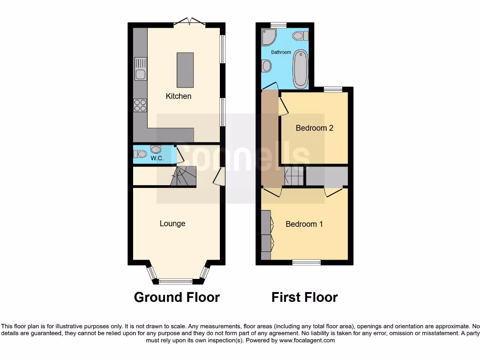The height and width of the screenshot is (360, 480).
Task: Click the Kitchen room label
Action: click(x=179, y=96)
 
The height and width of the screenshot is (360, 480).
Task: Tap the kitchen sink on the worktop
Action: click(x=140, y=68)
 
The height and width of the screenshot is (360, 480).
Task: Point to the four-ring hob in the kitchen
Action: click(x=140, y=105)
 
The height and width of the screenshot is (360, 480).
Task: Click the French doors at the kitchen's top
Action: click(x=189, y=22)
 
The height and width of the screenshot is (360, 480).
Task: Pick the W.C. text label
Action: click(x=157, y=158)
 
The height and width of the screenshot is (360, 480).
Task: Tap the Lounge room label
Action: click(x=172, y=224)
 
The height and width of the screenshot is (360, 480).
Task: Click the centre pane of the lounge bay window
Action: click(x=176, y=282)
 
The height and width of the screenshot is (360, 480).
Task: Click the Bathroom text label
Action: click(x=281, y=52)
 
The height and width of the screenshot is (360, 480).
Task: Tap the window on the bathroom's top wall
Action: click(x=278, y=25)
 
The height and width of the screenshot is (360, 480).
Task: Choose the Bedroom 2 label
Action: click(x=314, y=128)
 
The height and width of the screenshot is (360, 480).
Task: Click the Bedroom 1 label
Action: click(x=304, y=224)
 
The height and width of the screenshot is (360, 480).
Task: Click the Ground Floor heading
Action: click(x=177, y=297)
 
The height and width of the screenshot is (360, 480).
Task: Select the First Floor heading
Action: click(x=304, y=297)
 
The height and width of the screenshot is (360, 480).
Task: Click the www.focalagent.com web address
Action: click(x=307, y=341)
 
